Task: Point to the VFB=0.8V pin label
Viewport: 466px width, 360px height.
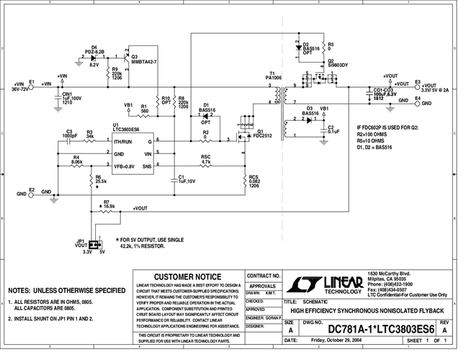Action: point(127,166)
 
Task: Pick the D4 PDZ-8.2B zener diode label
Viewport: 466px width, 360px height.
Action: point(94,49)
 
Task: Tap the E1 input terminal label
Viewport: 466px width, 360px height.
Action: point(31,81)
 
